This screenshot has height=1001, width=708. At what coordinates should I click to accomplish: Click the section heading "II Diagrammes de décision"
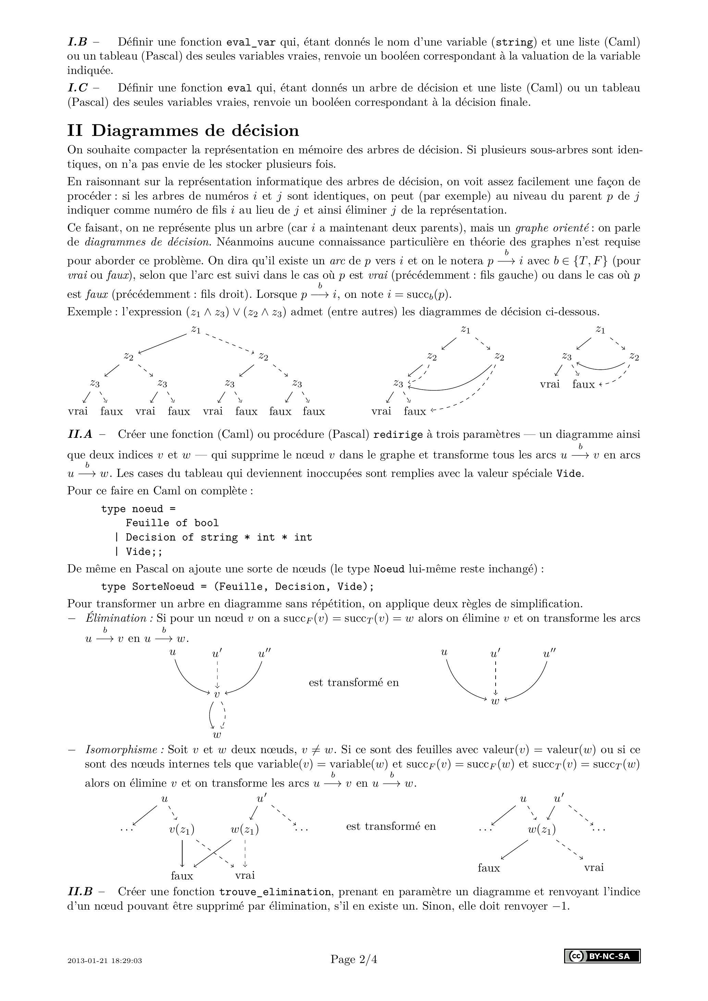pos(183,131)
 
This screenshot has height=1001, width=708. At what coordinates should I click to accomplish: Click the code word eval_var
pos(251,43)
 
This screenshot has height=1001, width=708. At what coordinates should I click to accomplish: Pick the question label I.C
pos(78,88)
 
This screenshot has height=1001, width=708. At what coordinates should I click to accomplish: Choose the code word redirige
pos(398,435)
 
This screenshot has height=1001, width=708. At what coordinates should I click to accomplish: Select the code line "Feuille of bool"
pos(172,523)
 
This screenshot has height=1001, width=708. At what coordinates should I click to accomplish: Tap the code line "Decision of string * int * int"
pos(219,537)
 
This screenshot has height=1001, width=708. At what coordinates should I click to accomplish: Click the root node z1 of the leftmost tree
pos(196,330)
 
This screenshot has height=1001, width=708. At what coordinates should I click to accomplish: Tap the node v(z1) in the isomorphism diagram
pos(182,829)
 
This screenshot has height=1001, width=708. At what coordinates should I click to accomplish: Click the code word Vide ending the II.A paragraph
pos(569,473)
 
